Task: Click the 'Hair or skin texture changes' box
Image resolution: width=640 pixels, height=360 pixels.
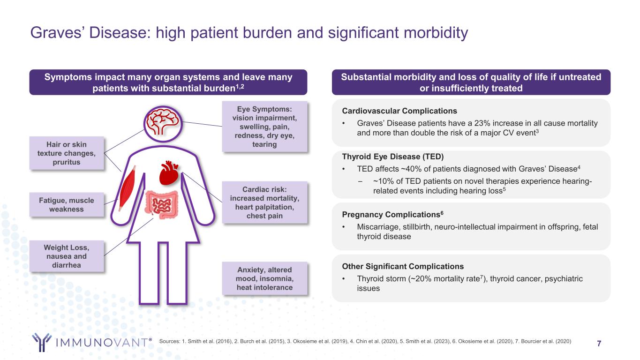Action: click(66, 153)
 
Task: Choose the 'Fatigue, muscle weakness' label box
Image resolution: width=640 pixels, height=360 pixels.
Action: click(66, 204)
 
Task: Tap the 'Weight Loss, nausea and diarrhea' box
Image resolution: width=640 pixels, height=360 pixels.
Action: click(66, 256)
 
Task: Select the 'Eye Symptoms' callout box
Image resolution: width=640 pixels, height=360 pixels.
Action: click(264, 126)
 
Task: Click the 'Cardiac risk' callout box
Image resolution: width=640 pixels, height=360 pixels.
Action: click(264, 202)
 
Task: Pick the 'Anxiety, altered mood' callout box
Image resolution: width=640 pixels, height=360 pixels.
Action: click(264, 278)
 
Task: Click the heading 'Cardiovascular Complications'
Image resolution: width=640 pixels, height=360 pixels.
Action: click(400, 111)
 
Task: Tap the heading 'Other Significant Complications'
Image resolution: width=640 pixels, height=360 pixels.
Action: click(403, 266)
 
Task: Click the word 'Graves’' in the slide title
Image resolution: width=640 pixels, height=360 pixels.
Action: click(53, 33)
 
